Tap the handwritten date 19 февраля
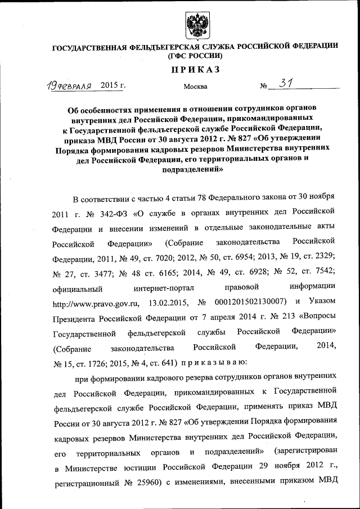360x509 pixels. [69, 86]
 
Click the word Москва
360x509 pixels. [195, 87]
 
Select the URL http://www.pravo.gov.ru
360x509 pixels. [95, 304]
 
